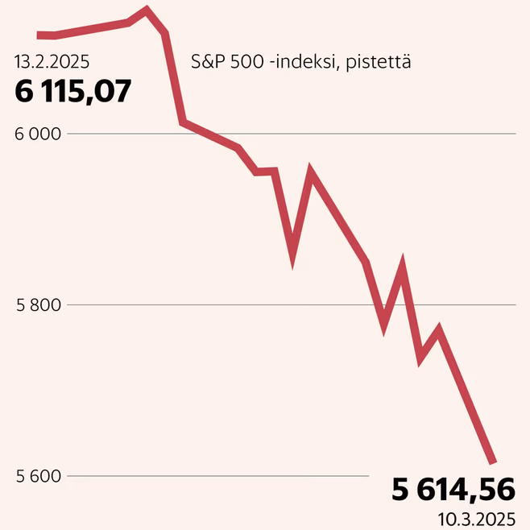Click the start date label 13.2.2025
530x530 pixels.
[52, 62]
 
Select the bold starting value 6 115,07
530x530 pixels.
[72, 91]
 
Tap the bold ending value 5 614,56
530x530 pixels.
[453, 490]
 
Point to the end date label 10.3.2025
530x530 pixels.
[477, 520]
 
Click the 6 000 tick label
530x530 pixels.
[38, 135]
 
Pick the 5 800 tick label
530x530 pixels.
[39, 305]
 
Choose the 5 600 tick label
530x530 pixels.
[39, 476]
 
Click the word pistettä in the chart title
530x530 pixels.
[379, 63]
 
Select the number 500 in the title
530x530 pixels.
[247, 62]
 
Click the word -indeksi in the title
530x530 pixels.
[304, 62]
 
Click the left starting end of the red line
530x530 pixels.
[38, 35]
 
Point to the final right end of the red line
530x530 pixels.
[493, 462]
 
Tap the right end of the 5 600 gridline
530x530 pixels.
[369, 476]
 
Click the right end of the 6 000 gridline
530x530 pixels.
[516, 134]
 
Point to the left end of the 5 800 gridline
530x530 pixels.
[68, 305]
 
